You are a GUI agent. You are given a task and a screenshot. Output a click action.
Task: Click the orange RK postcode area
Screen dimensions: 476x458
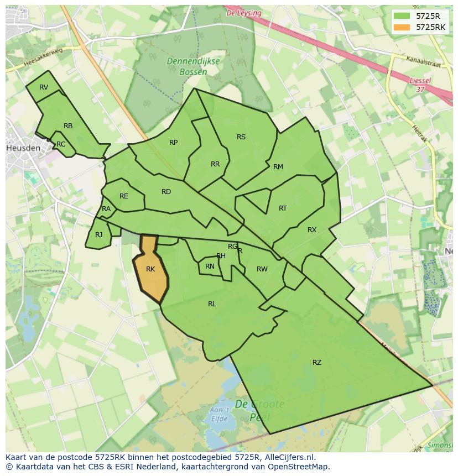[150, 271]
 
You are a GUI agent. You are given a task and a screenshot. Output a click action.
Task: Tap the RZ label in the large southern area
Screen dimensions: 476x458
[316, 363]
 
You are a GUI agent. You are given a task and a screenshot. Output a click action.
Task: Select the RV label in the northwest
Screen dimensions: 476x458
[44, 87]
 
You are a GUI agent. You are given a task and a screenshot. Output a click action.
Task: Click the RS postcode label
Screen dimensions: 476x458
[241, 137]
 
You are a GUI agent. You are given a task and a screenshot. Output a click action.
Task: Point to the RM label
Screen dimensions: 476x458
[278, 166]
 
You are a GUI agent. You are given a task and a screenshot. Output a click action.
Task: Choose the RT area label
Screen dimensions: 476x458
[283, 208]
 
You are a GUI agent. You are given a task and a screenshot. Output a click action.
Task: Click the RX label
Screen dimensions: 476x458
[312, 229]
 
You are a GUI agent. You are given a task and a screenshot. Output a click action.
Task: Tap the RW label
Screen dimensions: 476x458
[262, 269]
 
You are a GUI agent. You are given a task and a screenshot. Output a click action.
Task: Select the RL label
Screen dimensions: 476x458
[212, 304]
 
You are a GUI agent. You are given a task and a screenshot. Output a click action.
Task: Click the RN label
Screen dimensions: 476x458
[210, 266]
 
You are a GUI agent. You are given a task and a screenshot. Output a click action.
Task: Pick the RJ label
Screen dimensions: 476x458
[98, 234]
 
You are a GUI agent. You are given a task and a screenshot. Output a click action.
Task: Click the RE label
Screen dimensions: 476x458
[123, 196]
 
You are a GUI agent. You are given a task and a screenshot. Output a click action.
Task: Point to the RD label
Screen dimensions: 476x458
[166, 192]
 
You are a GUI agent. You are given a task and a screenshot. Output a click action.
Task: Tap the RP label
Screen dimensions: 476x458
[173, 143]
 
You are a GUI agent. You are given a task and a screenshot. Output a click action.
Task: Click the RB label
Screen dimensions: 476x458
[68, 126]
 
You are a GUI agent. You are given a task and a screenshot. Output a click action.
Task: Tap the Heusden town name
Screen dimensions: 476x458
[23, 148]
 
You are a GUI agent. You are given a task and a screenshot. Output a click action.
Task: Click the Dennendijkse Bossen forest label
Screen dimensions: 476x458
[195, 67]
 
